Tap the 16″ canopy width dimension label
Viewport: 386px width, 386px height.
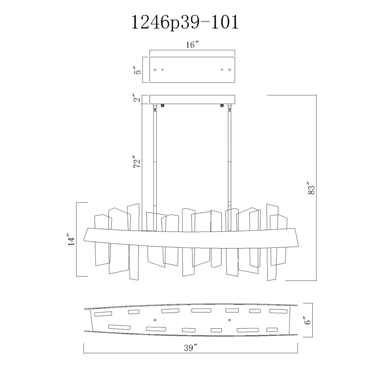(x=192, y=45)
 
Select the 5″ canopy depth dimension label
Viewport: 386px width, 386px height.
(x=138, y=69)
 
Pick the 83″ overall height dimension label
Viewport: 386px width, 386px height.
(x=311, y=188)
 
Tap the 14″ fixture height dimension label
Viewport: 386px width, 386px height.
(x=71, y=239)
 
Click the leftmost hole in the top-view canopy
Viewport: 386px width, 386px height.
(x=155, y=70)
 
